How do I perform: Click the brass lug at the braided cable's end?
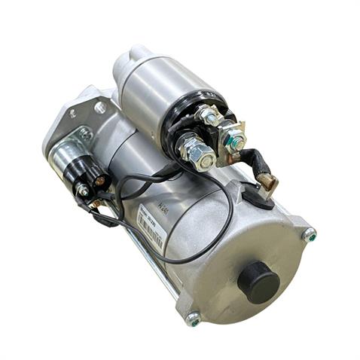pos(267,183)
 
